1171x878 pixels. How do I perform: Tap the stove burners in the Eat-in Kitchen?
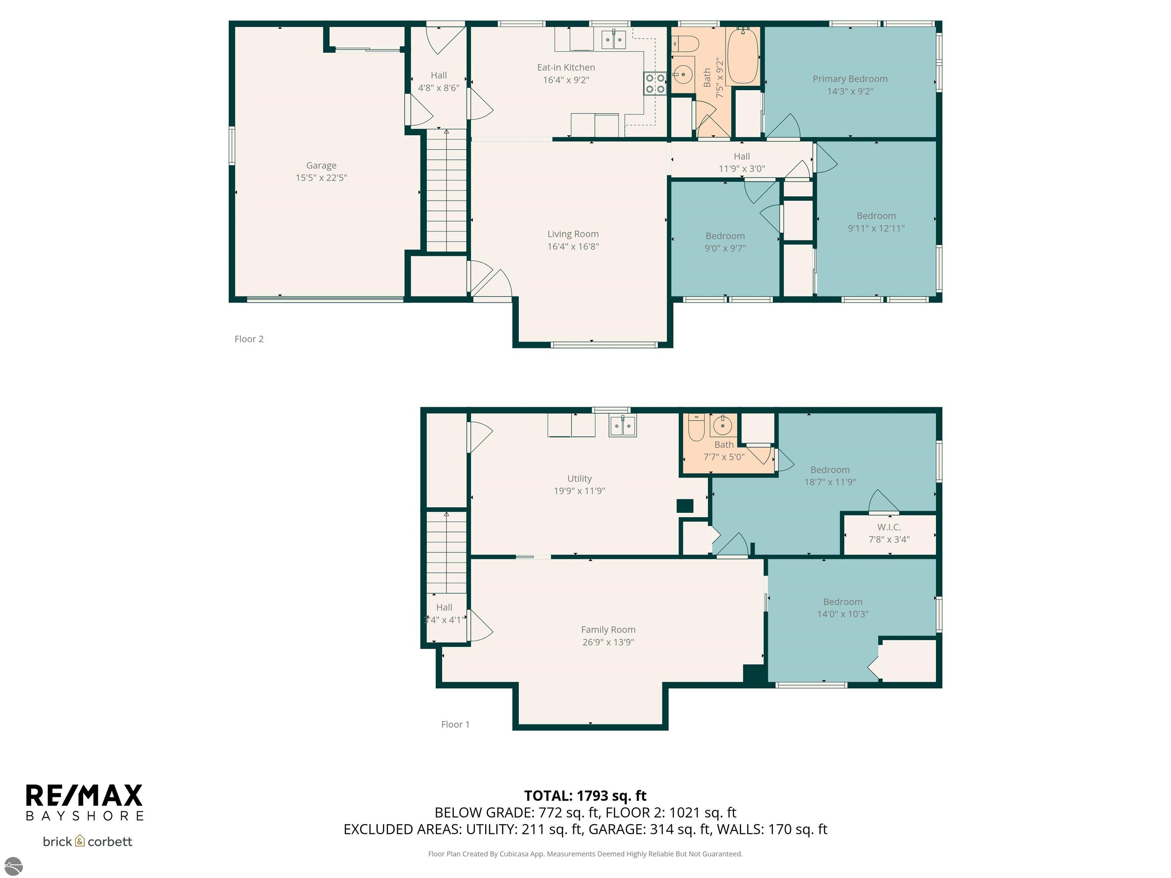pos(655,83)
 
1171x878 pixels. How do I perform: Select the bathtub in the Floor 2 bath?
pos(743,56)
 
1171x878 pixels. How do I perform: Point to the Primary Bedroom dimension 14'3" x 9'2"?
pos(850,91)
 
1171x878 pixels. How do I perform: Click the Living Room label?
pos(573,234)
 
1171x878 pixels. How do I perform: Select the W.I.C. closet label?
pos(889,527)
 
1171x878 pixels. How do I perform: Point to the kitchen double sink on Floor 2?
pos(614,40)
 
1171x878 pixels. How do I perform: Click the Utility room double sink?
pos(622,426)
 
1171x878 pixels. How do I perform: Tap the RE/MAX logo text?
pos(84,795)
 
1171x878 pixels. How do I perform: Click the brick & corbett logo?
pos(87,841)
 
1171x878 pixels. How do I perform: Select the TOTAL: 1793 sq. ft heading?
pos(585,795)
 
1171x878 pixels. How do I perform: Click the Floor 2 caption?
pos(249,339)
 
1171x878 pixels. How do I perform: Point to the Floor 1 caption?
pos(455,724)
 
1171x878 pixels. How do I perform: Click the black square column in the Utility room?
pos(685,506)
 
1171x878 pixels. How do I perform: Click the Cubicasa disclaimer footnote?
pos(585,854)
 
